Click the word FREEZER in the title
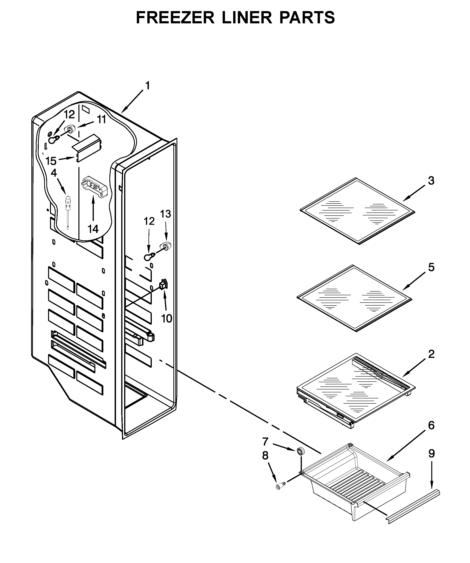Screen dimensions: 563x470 (176, 18)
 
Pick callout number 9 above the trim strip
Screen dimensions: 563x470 (431, 454)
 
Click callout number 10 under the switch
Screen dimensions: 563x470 (167, 319)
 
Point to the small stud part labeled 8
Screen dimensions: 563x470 (280, 486)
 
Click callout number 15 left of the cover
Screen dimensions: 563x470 (51, 161)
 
